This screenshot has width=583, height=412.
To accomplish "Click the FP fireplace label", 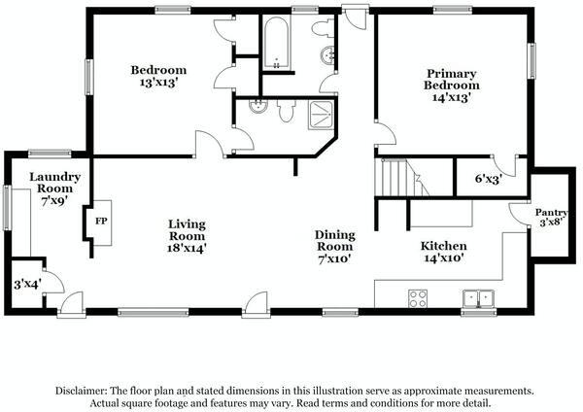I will click(101, 219).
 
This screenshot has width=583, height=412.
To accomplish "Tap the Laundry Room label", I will click(47, 183).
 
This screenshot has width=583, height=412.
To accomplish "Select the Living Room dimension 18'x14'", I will click(188, 249).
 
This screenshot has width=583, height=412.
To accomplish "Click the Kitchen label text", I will click(443, 246).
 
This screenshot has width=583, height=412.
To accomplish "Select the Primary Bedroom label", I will click(452, 79).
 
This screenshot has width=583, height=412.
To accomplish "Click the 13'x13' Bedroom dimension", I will click(159, 84).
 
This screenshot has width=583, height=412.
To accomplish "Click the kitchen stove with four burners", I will click(420, 298).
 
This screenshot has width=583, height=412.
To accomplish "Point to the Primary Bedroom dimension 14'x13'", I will click(452, 98).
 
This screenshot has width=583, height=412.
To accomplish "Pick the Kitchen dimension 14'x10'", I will click(443, 259).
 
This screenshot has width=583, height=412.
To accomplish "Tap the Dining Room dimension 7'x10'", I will click(333, 259).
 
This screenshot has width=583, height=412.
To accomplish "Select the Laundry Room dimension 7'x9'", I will click(47, 199).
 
